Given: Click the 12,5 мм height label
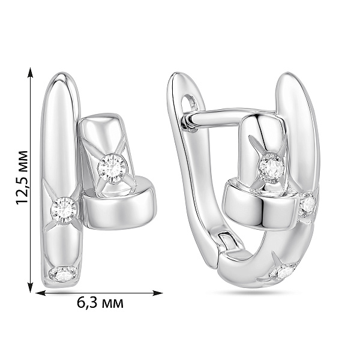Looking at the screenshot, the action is (x=22, y=178).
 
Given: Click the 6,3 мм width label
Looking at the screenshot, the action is (x=100, y=303).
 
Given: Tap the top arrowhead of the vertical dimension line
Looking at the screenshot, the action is (x=30, y=73).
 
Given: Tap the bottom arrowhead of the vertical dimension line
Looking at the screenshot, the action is (x=30, y=287).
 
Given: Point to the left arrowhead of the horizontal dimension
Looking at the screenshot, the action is (x=41, y=293).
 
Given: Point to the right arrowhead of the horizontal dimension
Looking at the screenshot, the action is (x=157, y=293).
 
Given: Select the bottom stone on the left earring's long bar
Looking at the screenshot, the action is (x=63, y=274).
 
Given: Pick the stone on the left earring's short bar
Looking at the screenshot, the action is (x=112, y=169).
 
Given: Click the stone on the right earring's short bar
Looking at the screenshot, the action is (x=272, y=168).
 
